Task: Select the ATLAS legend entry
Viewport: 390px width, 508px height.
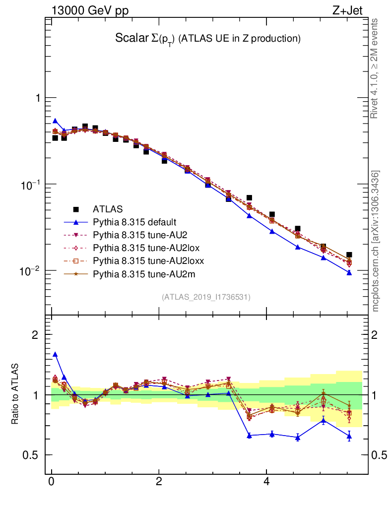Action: coord(107,209)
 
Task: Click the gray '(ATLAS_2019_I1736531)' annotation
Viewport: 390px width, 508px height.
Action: coord(206,297)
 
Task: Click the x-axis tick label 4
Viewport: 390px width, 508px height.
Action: coord(266,482)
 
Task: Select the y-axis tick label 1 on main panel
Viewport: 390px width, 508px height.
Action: coord(37,98)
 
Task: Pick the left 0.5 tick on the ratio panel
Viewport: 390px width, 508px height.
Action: coord(32,455)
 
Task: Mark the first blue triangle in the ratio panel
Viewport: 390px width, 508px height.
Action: coord(55,355)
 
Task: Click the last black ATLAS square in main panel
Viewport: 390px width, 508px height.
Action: coord(349,254)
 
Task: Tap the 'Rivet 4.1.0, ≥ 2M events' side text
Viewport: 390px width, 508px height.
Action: coord(376,68)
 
